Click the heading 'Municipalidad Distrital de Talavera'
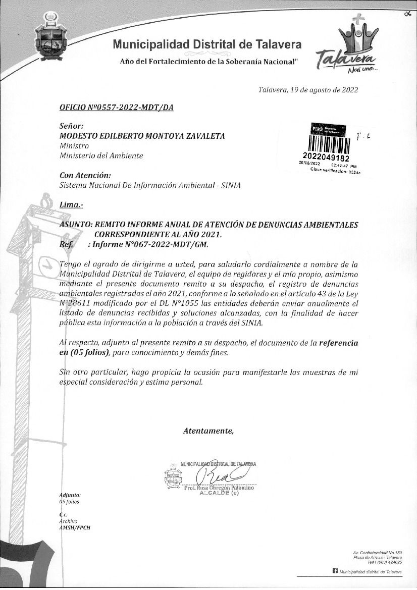(207, 44)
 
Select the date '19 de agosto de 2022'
(320, 90)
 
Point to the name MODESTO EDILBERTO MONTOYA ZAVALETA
(142, 136)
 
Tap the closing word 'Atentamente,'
(209, 431)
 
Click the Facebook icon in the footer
(335, 571)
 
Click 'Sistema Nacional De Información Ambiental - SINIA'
(150, 185)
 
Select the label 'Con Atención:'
(85, 176)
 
